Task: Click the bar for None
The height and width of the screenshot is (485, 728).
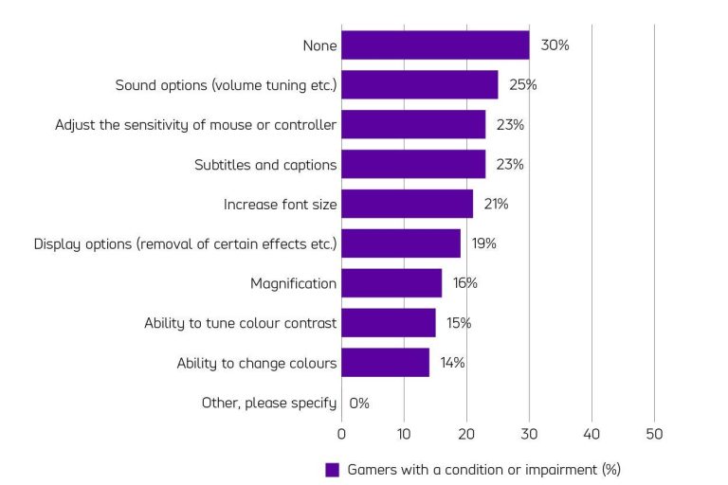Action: pos(435,45)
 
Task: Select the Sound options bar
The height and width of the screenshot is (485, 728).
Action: pos(419,85)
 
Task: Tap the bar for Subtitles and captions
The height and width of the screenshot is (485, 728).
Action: pos(413,165)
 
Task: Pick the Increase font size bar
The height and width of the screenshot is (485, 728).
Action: pos(407,204)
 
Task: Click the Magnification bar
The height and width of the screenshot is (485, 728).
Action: pos(391,283)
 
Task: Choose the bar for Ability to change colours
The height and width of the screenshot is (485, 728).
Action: pos(385,363)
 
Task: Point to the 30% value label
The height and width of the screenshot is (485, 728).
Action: pos(555,45)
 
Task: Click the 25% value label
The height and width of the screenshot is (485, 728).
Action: pos(523,85)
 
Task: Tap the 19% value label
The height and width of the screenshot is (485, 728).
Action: pos(483,243)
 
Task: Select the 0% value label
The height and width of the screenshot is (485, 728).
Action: pos(359,403)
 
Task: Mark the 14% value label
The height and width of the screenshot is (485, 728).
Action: pos(452,363)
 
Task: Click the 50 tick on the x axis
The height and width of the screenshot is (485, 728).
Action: pos(654,435)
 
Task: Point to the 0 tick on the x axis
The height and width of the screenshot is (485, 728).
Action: pos(341,435)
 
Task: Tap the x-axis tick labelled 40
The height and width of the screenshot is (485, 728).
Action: pos(591,435)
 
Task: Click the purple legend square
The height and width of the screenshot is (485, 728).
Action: pos(332,469)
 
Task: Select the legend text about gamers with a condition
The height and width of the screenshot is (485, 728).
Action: pos(483,469)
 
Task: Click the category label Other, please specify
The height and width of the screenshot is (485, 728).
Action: pos(269,403)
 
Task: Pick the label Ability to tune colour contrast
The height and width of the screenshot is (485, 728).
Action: pos(240,323)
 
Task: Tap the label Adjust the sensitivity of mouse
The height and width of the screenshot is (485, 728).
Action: pos(195,125)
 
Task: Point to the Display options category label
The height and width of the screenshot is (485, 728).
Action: pos(185,243)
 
